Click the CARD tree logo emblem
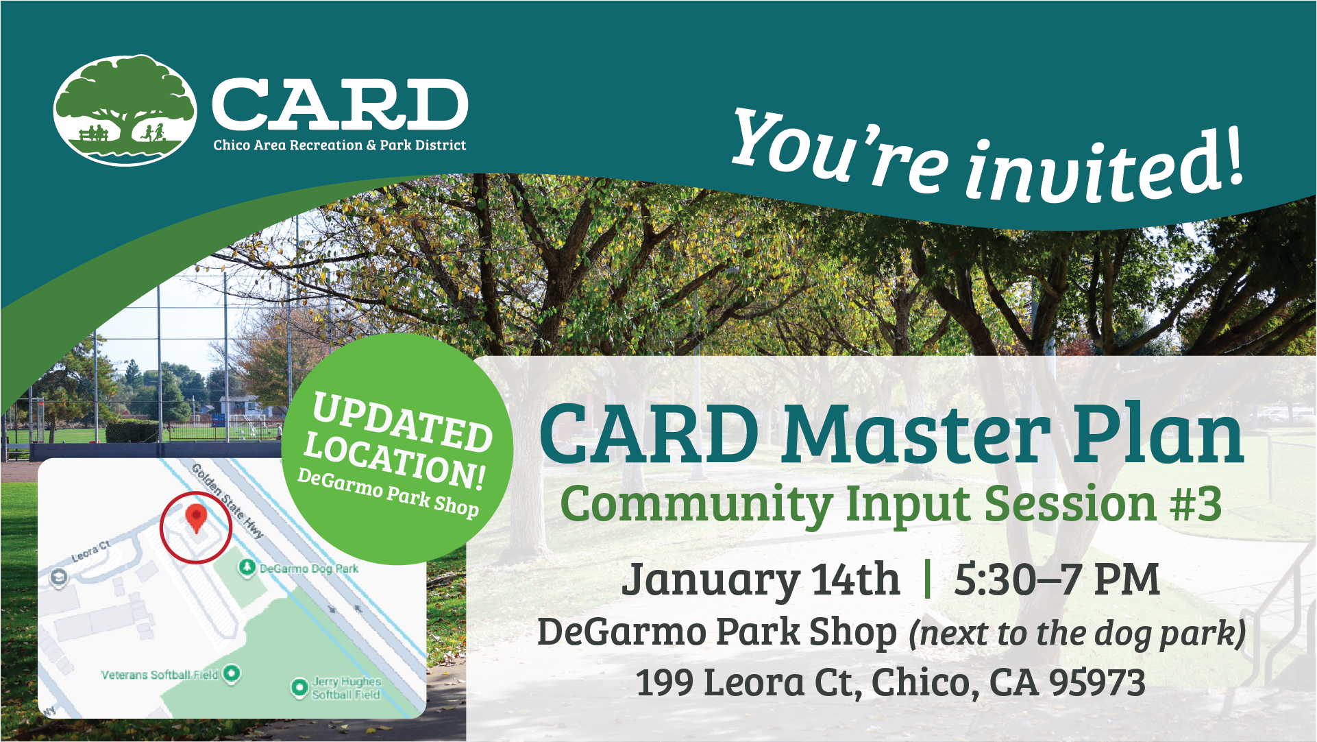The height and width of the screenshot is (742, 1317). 125,110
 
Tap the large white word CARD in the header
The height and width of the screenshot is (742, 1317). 339,104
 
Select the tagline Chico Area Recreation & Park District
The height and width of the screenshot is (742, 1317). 339,145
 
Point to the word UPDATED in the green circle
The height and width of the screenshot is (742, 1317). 402,422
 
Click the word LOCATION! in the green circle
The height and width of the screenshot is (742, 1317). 395,459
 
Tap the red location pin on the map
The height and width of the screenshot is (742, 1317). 197,518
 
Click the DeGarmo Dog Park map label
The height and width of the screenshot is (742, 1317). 308,569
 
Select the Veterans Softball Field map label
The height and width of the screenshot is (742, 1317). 160,675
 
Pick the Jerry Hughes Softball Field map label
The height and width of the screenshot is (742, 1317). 346,688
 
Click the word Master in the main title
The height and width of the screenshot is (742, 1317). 915,435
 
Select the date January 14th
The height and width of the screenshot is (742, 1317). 760,579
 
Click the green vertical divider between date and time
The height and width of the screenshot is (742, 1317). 927,579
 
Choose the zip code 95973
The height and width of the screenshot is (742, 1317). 1096,683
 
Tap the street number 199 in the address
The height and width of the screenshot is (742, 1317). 664,683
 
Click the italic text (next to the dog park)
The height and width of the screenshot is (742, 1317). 1076,633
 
